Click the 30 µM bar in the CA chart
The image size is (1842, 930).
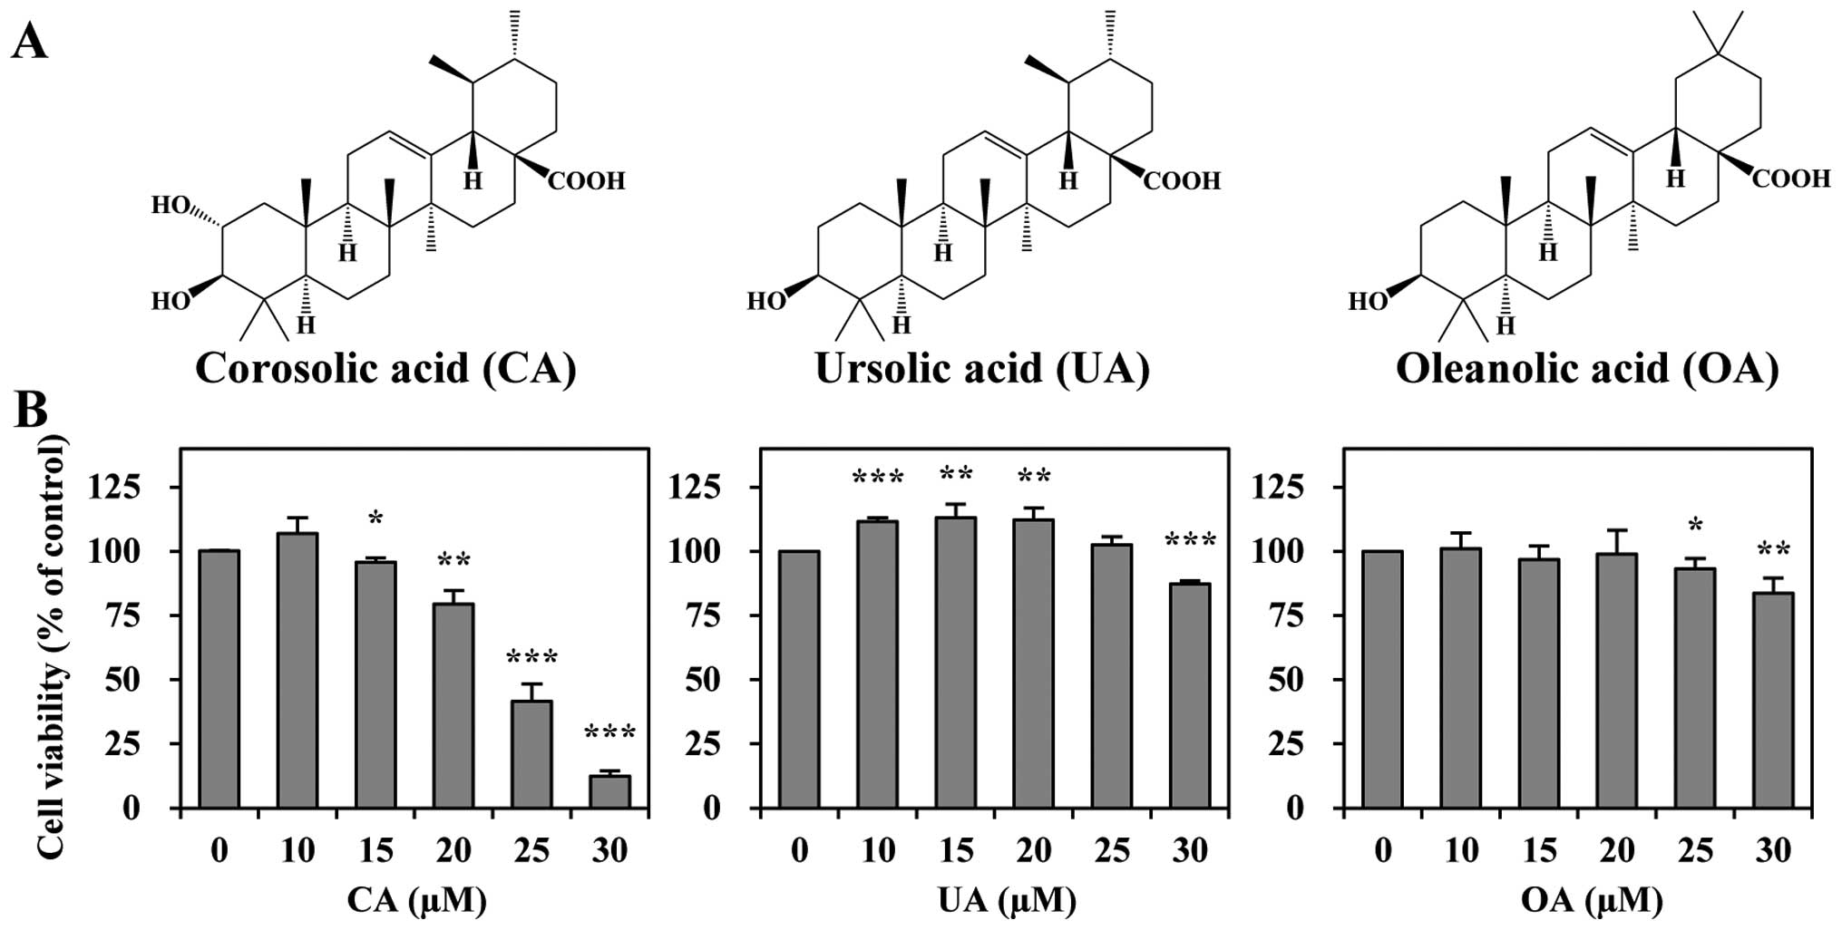click(609, 790)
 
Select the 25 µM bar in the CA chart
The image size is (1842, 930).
click(531, 753)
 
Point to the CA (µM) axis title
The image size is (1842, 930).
click(416, 900)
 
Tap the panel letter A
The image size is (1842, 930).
click(29, 41)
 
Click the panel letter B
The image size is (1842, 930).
click(31, 410)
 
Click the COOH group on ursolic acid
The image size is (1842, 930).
click(1183, 181)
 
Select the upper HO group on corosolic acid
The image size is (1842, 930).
click(170, 207)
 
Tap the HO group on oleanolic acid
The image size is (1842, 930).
click(1368, 301)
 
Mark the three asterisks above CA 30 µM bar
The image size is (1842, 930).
click(609, 732)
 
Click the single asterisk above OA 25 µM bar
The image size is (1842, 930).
click(1695, 525)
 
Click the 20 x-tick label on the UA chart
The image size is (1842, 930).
click(1033, 850)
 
